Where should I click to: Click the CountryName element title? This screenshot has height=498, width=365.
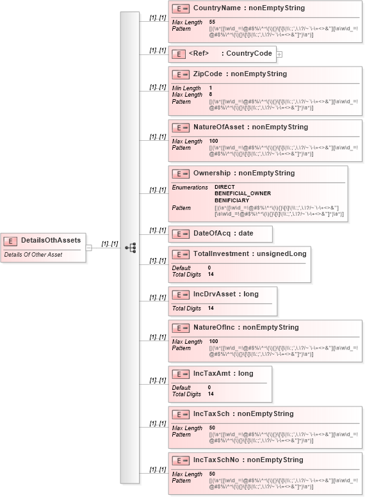(249, 8)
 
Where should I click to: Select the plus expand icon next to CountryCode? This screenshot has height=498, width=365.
(279, 54)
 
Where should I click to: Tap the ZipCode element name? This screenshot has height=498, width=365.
(239, 74)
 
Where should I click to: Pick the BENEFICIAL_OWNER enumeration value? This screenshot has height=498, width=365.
(242, 193)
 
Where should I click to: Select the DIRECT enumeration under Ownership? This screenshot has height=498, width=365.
(225, 187)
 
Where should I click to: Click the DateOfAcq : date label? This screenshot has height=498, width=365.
(223, 234)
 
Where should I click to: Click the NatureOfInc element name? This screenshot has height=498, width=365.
(245, 327)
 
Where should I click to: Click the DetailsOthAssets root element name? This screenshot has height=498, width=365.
(51, 240)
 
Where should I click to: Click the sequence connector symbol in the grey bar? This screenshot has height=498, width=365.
(130, 247)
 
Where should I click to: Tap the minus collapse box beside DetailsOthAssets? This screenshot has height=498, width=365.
(89, 247)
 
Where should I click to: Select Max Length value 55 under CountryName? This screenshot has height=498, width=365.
(212, 22)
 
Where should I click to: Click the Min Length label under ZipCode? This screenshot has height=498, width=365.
(186, 88)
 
